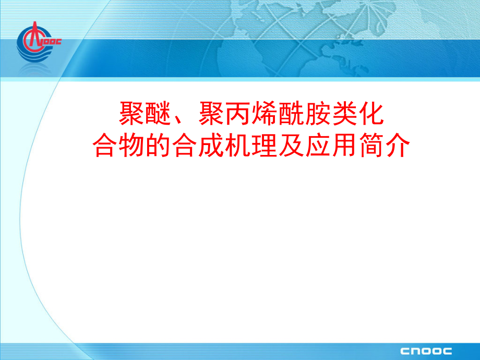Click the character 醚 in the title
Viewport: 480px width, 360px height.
tap(158, 113)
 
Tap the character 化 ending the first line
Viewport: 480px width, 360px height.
tap(371, 113)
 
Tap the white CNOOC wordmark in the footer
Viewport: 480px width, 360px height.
tap(426, 351)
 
